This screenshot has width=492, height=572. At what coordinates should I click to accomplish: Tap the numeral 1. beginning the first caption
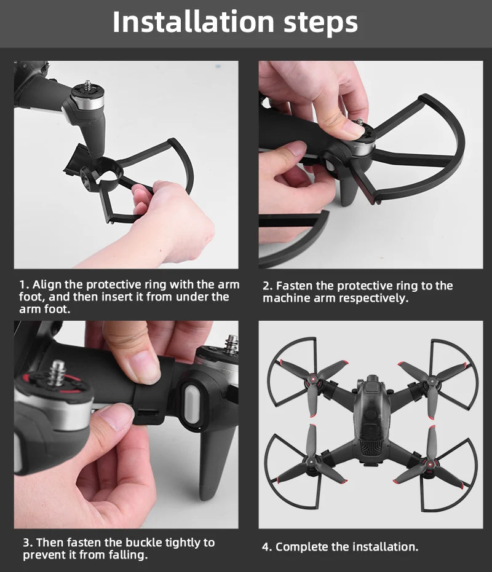pyautogui.click(x=24, y=285)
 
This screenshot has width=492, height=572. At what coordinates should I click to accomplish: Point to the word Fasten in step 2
pyautogui.click(x=294, y=286)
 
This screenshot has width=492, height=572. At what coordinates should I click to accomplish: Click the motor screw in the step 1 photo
pyautogui.click(x=86, y=85)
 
